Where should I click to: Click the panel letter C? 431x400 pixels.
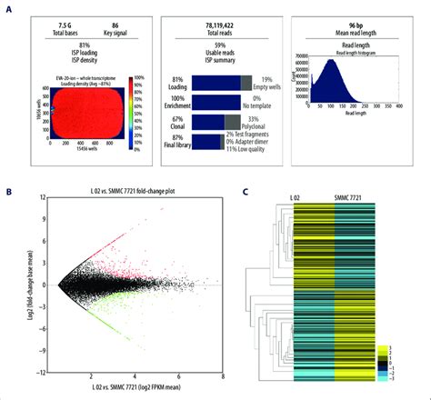[247, 192]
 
